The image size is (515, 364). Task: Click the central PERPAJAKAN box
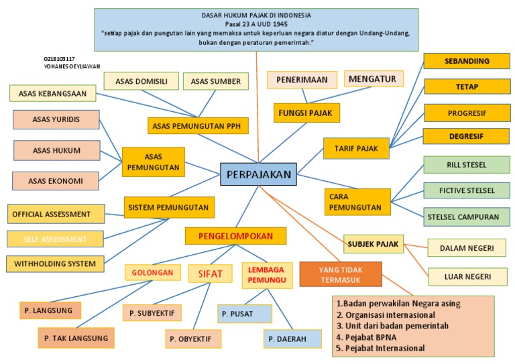258,175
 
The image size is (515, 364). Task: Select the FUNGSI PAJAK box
306,112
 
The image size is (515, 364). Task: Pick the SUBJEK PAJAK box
373,244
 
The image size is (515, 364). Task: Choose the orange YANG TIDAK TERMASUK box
341,274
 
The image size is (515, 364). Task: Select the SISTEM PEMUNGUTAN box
169,208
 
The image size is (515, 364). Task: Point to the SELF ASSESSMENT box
55,239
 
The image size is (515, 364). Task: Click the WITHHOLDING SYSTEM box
55,263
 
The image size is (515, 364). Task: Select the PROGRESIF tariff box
467,113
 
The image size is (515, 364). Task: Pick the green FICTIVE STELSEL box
466,190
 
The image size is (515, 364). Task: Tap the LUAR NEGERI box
467,276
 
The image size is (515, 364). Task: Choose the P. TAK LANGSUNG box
76,338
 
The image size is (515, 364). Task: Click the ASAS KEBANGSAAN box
52,93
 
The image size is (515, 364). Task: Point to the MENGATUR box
374,79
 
